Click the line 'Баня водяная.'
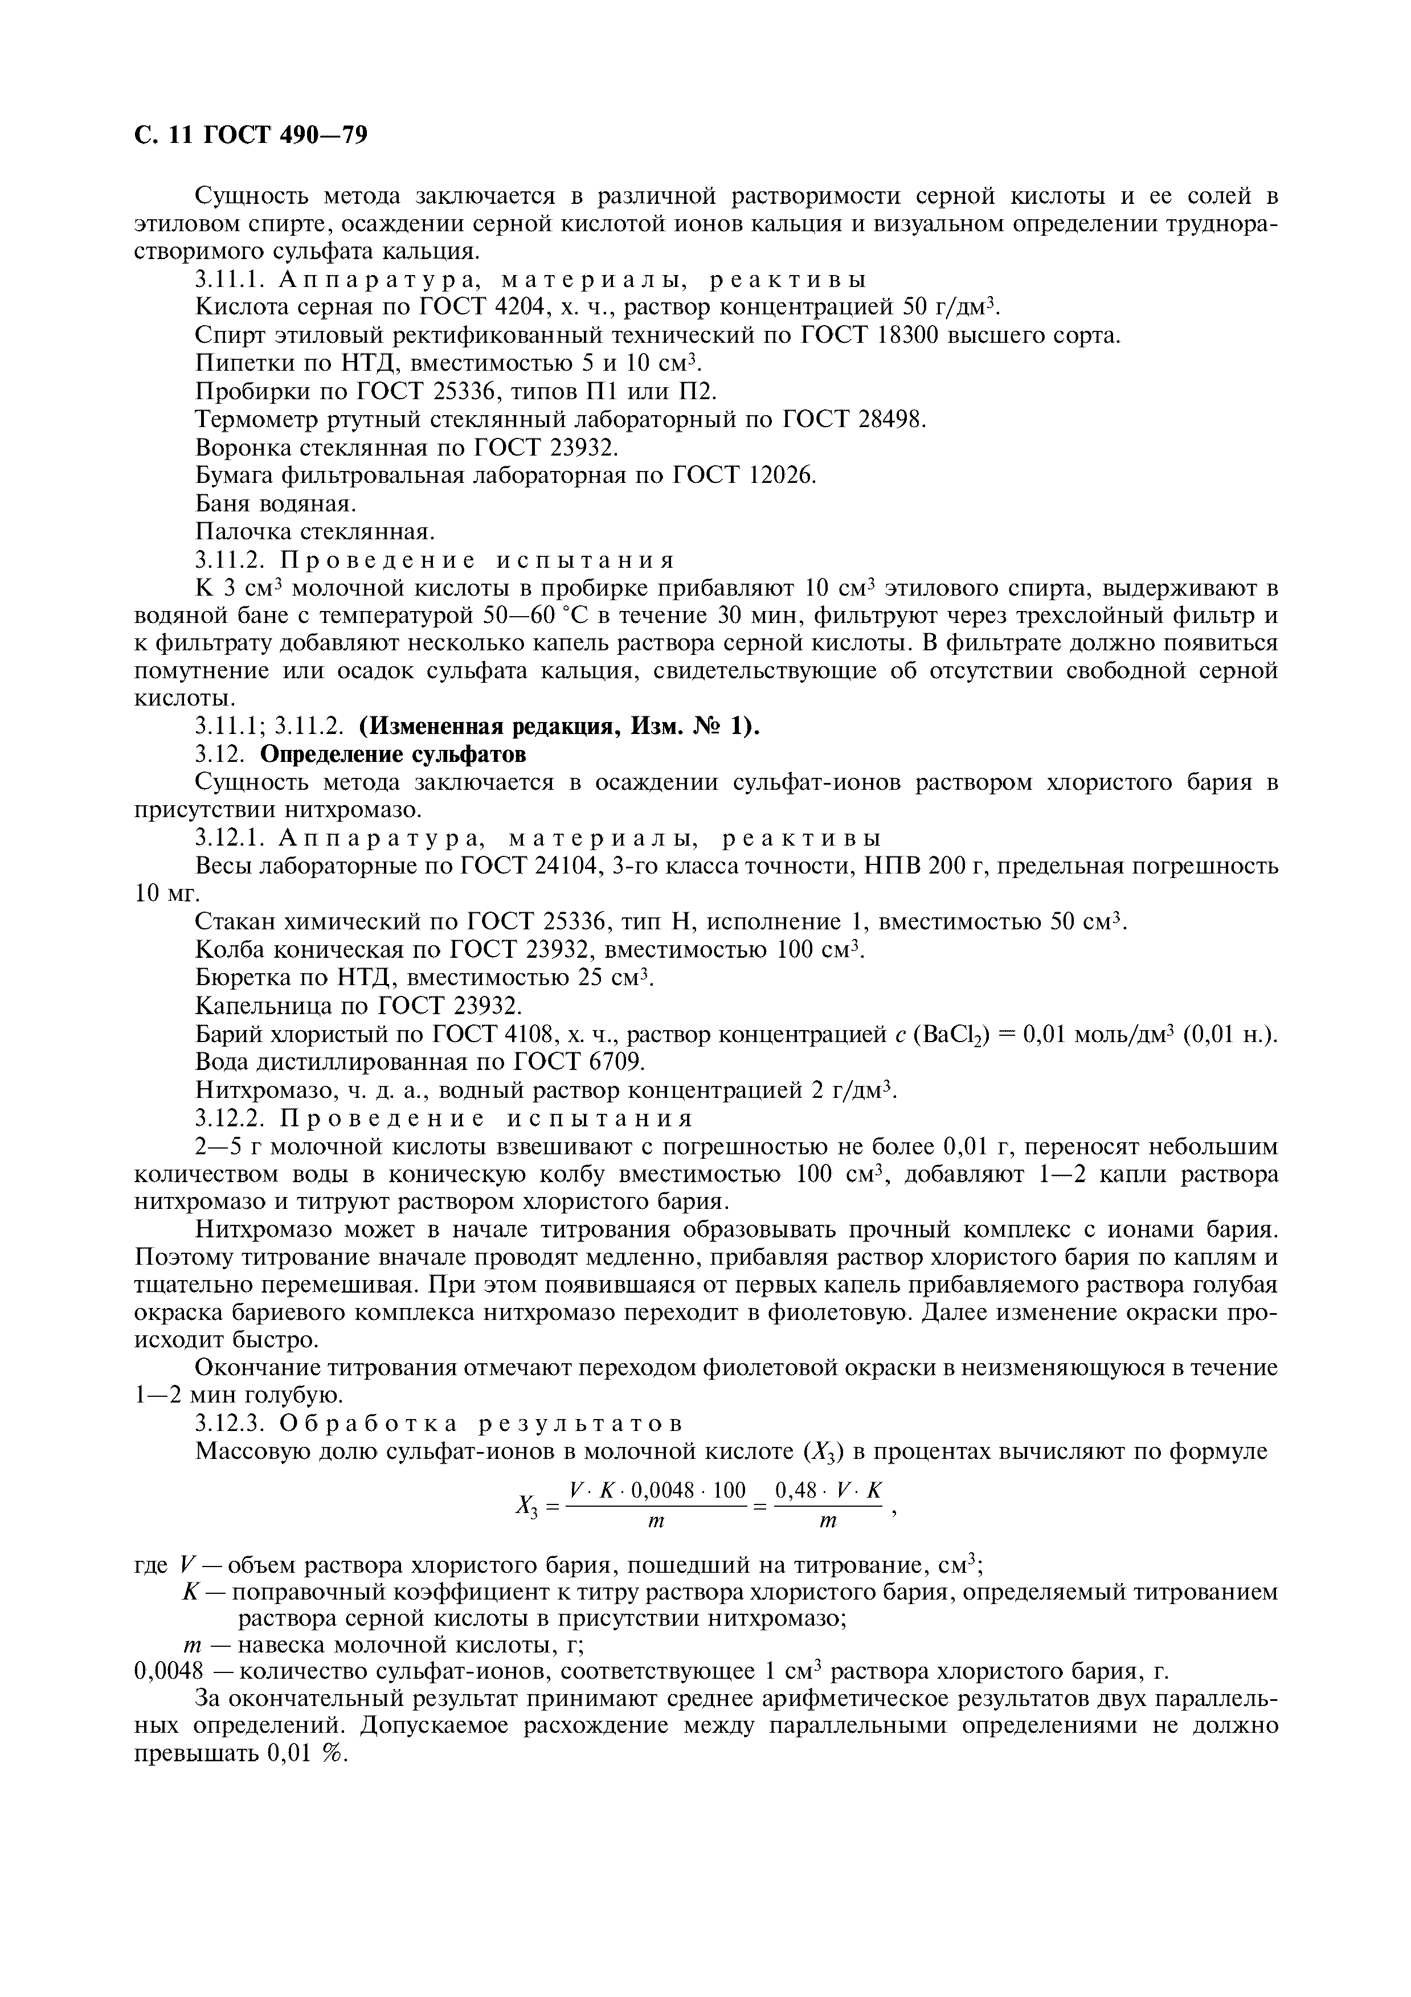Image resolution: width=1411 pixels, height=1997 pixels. pyautogui.click(x=276, y=503)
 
